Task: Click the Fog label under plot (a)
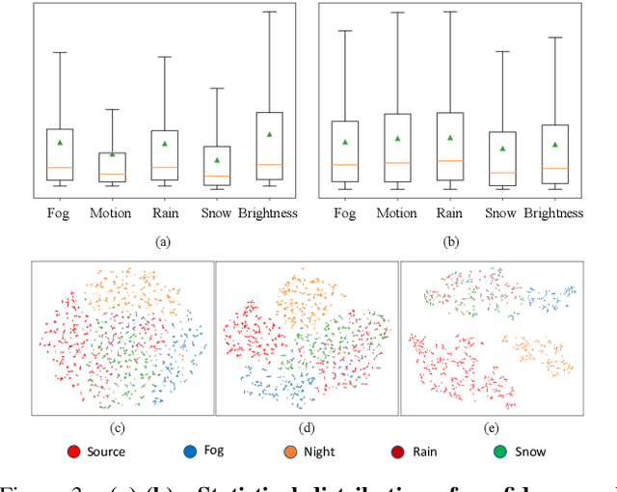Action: (60, 212)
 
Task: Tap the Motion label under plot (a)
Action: (111, 212)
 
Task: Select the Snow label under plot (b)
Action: (501, 212)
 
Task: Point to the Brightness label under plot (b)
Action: (555, 212)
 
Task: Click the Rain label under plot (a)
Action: (164, 212)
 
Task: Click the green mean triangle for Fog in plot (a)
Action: (60, 143)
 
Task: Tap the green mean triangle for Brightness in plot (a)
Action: (269, 134)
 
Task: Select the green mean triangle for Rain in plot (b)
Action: (449, 138)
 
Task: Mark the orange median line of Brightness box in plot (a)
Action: (269, 164)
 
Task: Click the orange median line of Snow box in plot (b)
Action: (501, 173)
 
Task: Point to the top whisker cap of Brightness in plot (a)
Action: (269, 12)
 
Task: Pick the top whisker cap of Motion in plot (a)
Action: (112, 109)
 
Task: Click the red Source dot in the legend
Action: (73, 451)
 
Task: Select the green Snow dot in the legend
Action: (500, 451)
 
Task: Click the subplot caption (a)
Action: (163, 241)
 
